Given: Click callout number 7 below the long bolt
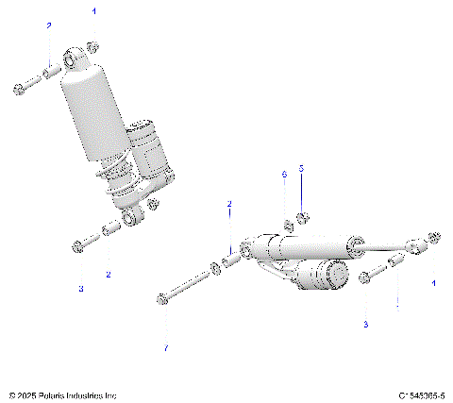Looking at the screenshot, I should pos(166,348).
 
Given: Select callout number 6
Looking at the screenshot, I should pos(283,175).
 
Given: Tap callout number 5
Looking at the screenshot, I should pos(301,168).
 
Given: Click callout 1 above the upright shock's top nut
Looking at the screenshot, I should pos(93,11).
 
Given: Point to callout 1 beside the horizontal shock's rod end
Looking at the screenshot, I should pos(434,282).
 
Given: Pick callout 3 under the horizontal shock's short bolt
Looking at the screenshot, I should pos(366,324).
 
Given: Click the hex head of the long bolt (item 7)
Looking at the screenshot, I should pos(163,300).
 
